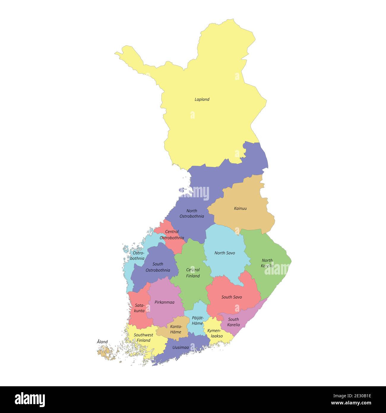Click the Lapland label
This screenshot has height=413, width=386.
pyautogui.click(x=202, y=100)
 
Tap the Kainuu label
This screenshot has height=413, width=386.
pyautogui.click(x=240, y=208)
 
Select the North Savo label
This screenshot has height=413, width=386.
pyautogui.click(x=224, y=253)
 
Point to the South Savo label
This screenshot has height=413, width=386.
pyautogui.click(x=232, y=297)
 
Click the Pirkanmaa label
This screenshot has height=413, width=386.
pyautogui.click(x=164, y=302)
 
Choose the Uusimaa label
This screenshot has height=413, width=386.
pyautogui.click(x=181, y=347)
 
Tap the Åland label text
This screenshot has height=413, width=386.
pyautogui.click(x=102, y=342)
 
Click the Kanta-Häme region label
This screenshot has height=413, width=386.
pyautogui.click(x=176, y=329)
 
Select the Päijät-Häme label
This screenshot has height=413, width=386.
pyautogui.click(x=197, y=321)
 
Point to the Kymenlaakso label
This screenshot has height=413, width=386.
pyautogui.click(x=215, y=333)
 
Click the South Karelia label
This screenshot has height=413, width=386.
pyautogui.click(x=233, y=322)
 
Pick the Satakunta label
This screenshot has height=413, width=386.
pyautogui.click(x=139, y=308)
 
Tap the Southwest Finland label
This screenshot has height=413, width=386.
pyautogui.click(x=143, y=338)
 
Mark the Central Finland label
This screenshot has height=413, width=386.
pyautogui.click(x=193, y=273)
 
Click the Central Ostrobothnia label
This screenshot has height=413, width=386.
pyautogui.click(x=172, y=235)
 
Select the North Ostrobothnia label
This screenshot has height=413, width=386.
pyautogui.click(x=192, y=213)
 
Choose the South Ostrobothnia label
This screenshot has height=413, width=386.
pyautogui.click(x=158, y=267)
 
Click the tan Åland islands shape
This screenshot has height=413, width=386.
pyautogui.click(x=105, y=353)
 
